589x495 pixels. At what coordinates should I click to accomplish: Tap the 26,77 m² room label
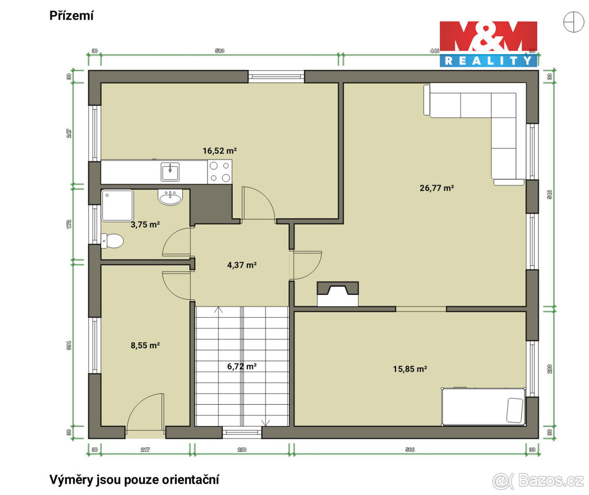[436, 187]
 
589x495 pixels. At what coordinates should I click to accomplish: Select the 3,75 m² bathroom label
[145, 224]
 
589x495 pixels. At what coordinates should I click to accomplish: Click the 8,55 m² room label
[145, 345]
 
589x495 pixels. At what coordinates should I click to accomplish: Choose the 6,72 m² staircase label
[242, 366]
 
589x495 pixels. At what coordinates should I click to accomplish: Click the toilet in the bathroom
[112, 241]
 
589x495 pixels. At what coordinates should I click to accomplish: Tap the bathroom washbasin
[170, 197]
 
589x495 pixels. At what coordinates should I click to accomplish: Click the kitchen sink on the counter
[170, 171]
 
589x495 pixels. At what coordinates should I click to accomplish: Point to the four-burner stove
[219, 172]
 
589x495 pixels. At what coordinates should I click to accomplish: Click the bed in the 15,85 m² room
[483, 406]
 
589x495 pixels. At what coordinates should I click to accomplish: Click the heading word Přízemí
[72, 16]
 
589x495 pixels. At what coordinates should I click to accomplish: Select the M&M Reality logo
[488, 44]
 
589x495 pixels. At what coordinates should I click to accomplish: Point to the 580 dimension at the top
[219, 51]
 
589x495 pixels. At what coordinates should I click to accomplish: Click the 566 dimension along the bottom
[410, 449]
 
